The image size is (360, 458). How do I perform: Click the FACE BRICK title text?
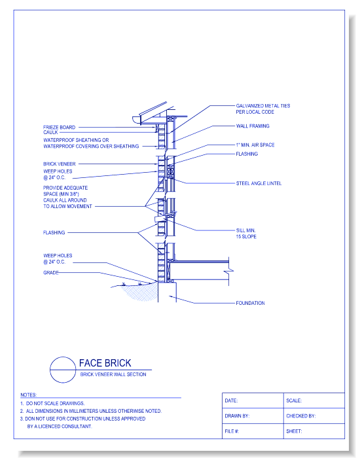[x=105, y=363]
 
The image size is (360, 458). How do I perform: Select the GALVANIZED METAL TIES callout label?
[x=263, y=109]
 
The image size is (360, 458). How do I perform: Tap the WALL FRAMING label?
[x=253, y=126]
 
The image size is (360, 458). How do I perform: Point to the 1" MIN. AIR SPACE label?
[x=255, y=145]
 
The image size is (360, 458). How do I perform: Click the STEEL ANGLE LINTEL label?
[x=259, y=183]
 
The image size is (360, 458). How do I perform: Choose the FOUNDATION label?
[x=251, y=303]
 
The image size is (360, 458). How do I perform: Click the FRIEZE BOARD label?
[x=59, y=128]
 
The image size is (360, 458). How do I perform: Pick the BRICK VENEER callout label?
[x=60, y=164]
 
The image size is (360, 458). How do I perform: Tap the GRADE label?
[x=51, y=273]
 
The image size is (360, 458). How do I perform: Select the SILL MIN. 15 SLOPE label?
[x=246, y=234]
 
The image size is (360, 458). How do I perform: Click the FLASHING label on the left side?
[x=54, y=232]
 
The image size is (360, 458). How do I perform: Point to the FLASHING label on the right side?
[x=247, y=154]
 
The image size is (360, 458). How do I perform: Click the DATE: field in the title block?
[x=231, y=400]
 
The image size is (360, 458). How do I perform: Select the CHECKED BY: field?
[x=301, y=416]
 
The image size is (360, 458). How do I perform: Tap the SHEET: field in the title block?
[x=294, y=431]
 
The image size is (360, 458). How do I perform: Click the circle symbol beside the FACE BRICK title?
[x=63, y=370]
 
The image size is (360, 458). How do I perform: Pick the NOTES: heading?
[x=28, y=395]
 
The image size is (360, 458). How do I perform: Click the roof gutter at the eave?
[x=137, y=120]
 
